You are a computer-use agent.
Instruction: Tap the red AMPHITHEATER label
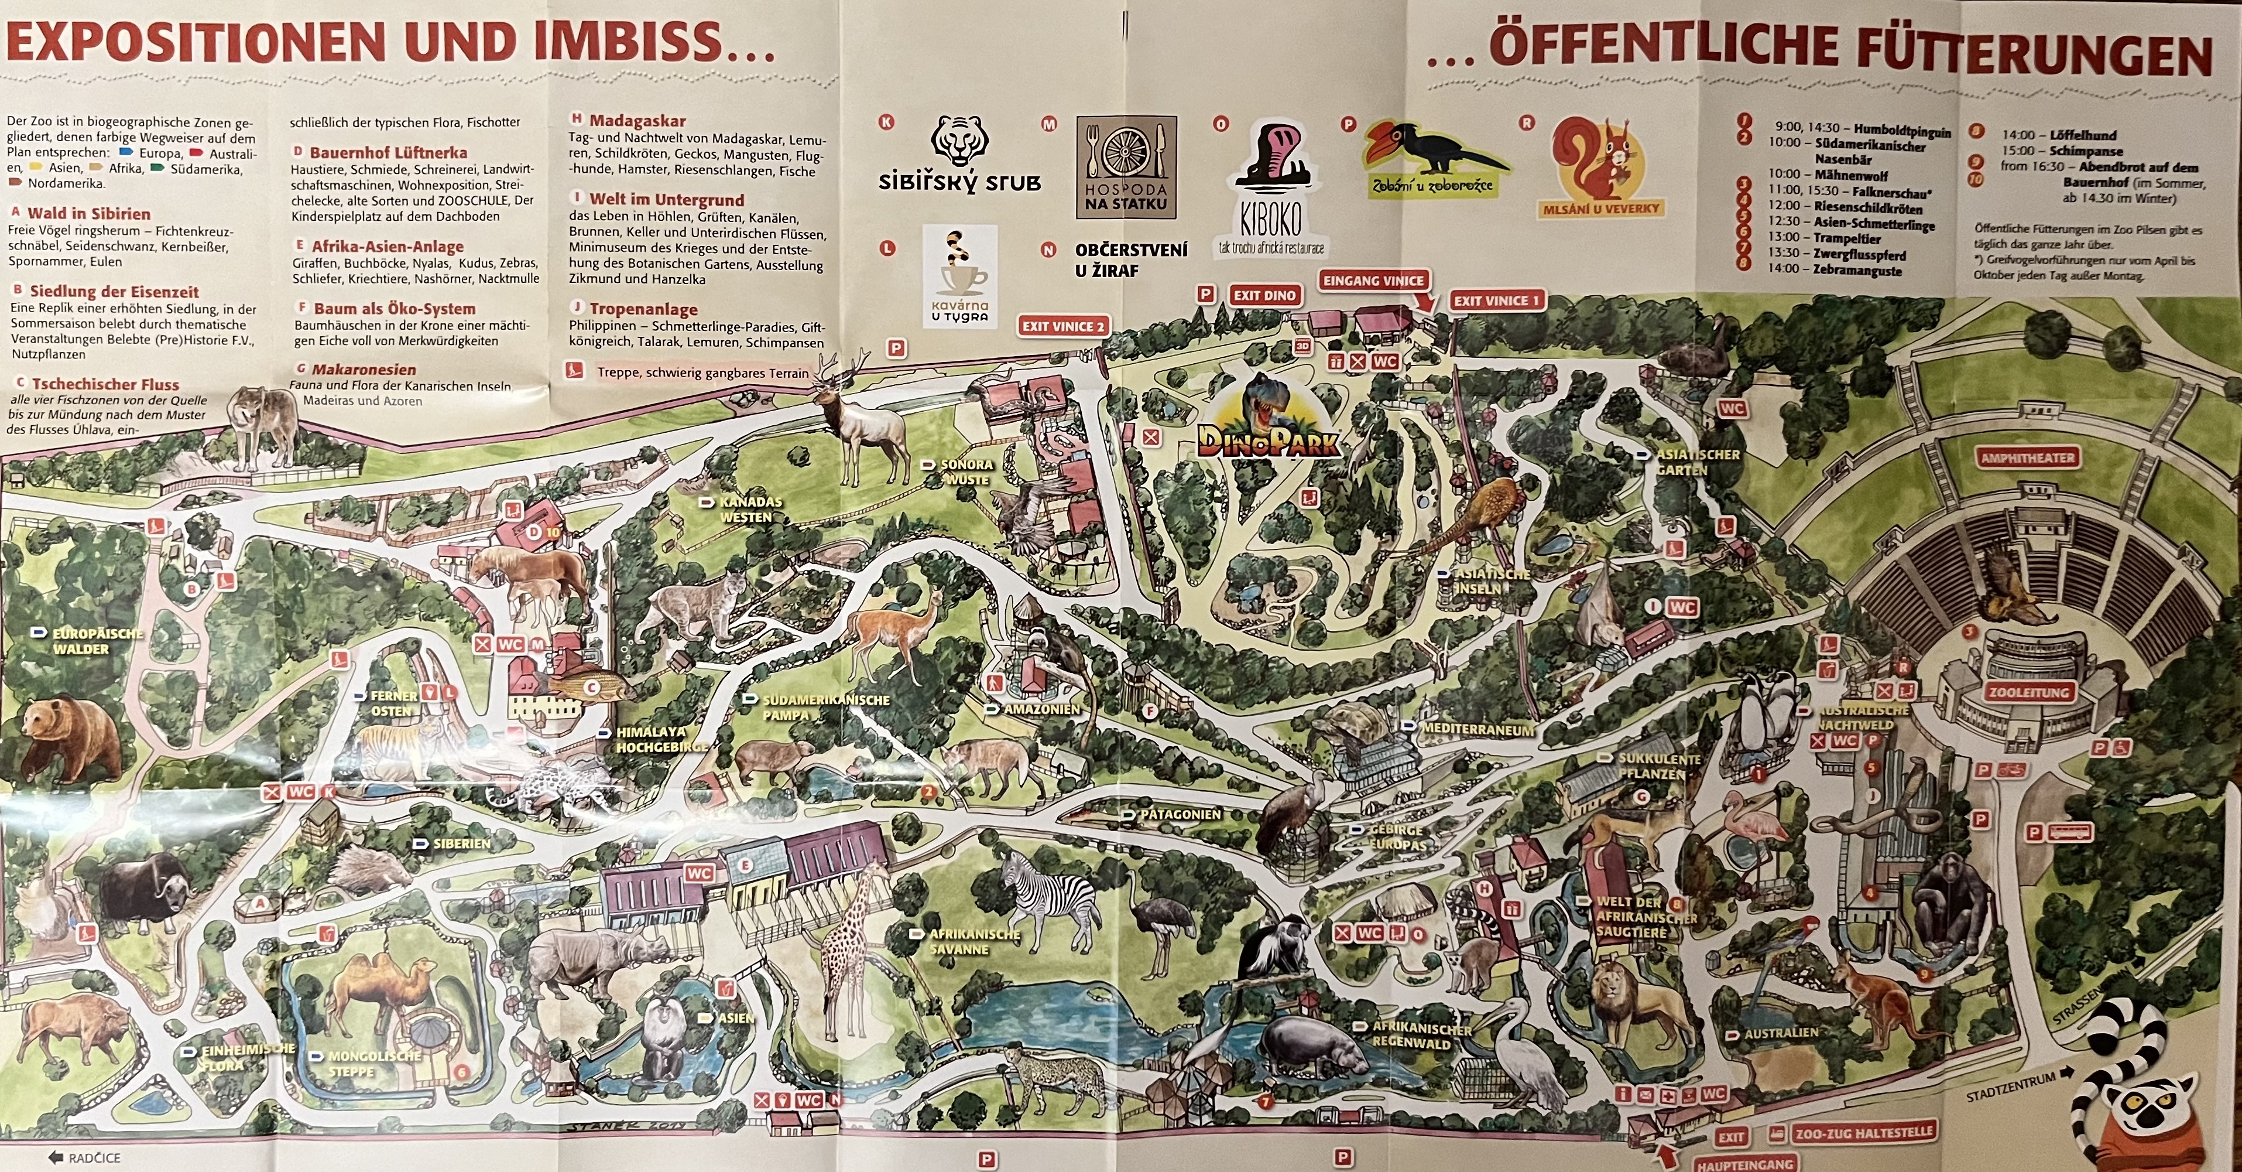[x=2027, y=458]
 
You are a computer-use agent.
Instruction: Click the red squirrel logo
[x=1602, y=165]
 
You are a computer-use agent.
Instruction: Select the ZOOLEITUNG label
[x=2027, y=693]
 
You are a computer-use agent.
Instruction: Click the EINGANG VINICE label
[x=1373, y=281]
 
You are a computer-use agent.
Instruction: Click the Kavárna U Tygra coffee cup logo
[x=958, y=277]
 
